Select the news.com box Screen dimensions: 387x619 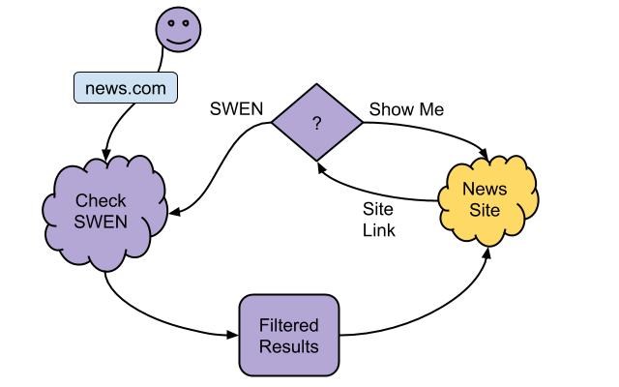[125, 89]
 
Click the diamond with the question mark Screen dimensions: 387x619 [316, 123]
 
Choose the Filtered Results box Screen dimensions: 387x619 [288, 335]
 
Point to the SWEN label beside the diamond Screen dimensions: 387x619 [236, 109]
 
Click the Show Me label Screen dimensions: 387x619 [406, 109]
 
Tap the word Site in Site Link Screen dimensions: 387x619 [377, 209]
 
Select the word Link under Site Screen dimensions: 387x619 [379, 231]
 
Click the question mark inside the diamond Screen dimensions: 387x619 [316, 124]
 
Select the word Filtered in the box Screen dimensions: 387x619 [288, 325]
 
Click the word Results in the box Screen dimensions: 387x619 [288, 345]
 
